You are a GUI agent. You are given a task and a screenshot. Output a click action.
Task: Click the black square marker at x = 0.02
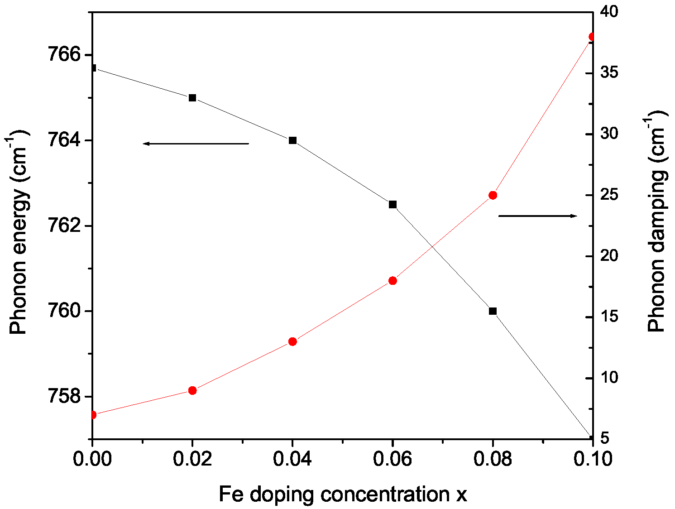(192, 98)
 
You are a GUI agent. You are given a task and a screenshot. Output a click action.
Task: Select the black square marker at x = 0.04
(292, 140)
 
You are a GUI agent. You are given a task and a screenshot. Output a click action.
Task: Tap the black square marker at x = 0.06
(393, 205)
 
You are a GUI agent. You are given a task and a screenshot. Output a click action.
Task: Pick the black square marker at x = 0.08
(493, 311)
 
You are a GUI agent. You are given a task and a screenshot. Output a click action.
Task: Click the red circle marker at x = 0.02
(192, 390)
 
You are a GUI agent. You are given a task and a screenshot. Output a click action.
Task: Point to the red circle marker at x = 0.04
(292, 341)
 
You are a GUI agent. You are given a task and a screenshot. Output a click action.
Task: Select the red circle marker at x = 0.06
(393, 281)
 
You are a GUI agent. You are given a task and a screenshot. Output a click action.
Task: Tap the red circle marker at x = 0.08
(493, 195)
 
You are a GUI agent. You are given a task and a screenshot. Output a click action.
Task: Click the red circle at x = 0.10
(591, 37)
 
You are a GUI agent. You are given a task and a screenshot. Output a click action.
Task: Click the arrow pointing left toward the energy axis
(196, 144)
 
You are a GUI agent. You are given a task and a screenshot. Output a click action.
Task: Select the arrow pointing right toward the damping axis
(538, 216)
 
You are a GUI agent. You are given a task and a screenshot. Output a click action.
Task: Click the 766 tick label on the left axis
(64, 55)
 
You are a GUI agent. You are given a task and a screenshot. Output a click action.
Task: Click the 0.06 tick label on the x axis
(393, 459)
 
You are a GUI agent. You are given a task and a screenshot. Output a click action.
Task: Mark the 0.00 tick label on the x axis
(92, 459)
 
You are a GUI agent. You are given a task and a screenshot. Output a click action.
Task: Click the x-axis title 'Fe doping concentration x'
(342, 495)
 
